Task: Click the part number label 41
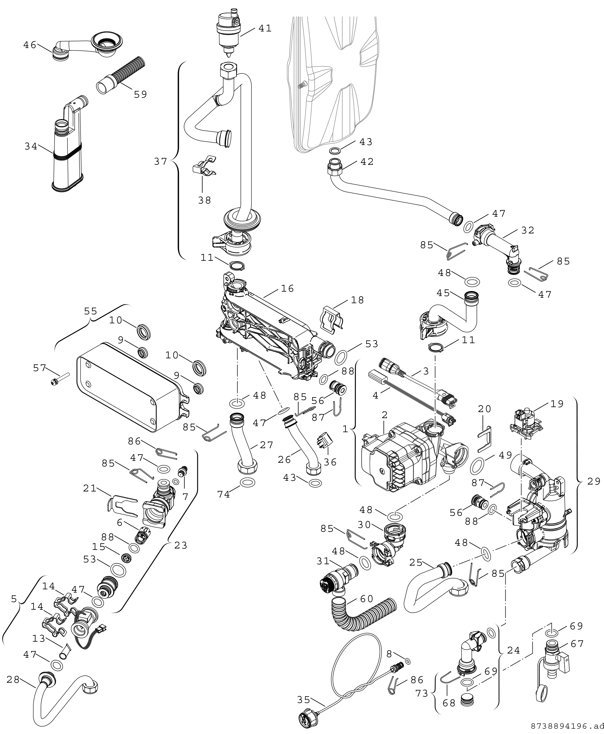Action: point(265,28)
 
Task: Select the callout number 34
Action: point(31,147)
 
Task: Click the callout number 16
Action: point(287,288)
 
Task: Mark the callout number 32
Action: point(527,230)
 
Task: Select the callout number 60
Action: point(366,599)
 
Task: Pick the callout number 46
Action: point(30,45)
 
